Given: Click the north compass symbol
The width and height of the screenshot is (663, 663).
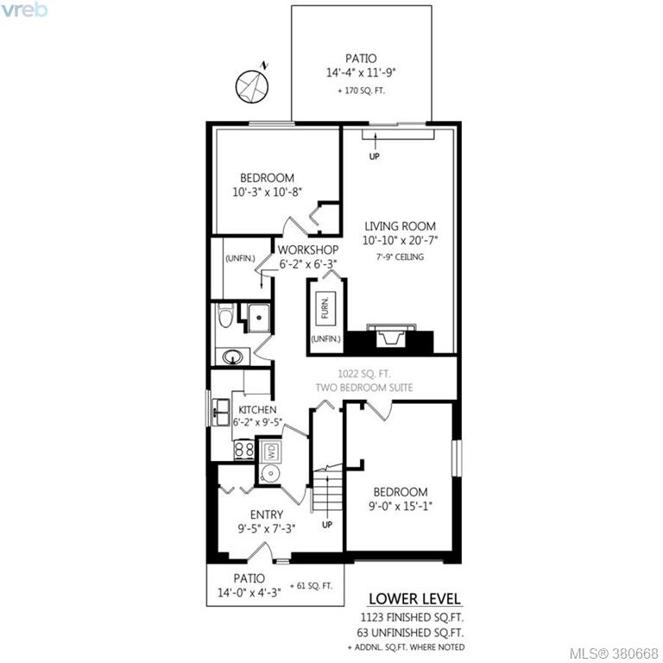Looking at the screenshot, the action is coord(252,85).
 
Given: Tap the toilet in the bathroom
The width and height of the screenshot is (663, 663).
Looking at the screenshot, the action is coord(226,315).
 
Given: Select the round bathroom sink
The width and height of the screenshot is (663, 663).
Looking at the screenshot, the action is coord(232,357).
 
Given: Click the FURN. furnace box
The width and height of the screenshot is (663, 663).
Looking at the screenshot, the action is coord(325,308).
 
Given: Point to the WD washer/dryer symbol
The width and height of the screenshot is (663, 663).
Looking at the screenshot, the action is coord(271,451).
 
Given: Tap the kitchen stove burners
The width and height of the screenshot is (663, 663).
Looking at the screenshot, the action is coord(244,450).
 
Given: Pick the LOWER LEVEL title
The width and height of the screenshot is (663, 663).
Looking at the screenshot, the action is coord(414,599).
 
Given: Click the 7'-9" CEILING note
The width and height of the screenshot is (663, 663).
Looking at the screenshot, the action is coord(400,256).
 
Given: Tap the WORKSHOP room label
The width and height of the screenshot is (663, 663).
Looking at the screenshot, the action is coord(308,249).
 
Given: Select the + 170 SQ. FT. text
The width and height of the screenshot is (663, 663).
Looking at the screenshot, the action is coord(361,91).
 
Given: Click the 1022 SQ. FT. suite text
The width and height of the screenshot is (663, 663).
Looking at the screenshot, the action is coord(364,374).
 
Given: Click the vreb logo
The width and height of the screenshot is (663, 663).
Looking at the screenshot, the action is coord(24,9).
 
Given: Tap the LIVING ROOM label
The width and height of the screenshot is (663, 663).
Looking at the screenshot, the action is coord(400,226).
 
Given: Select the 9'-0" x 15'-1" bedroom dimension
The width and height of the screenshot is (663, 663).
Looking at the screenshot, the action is coord(400,506).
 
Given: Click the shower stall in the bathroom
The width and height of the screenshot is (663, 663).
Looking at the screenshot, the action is coord(258,318).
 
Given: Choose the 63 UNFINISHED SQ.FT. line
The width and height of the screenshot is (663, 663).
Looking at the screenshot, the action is coord(410,633).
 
